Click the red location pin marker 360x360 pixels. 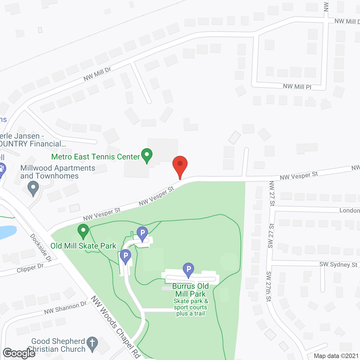click(180, 165)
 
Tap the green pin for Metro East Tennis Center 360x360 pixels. click(147, 155)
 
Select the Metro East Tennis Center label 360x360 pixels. click(96, 157)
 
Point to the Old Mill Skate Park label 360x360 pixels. click(83, 246)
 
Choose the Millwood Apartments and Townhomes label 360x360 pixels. click(58, 172)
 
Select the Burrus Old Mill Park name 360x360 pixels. click(191, 290)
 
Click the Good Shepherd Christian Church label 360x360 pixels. click(58, 345)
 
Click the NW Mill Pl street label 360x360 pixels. click(297, 87)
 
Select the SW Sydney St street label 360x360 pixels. click(338, 264)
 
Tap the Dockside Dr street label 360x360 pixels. click(41, 248)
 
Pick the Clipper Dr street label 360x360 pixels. click(30, 268)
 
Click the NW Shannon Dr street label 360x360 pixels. click(66, 308)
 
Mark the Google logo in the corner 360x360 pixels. click(19, 353)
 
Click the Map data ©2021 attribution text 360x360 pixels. click(336, 356)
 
